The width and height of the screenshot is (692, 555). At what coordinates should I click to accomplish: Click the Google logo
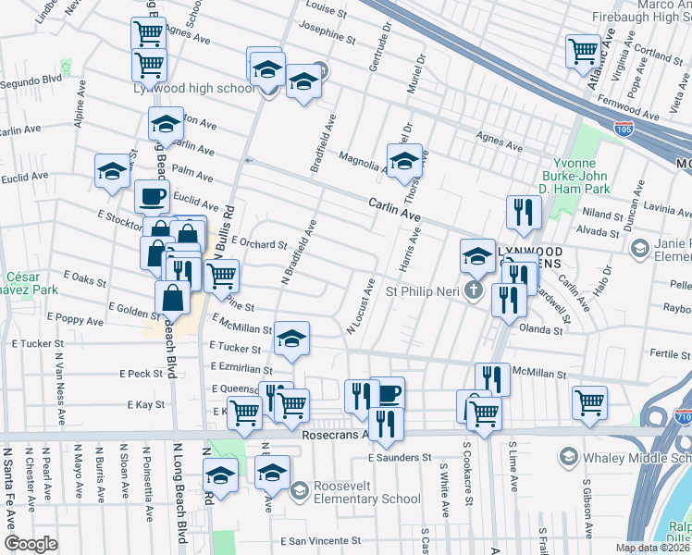coord(31,544)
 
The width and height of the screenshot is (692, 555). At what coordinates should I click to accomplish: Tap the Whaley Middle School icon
coord(567,457)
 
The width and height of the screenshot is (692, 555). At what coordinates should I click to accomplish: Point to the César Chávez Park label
coord(31,283)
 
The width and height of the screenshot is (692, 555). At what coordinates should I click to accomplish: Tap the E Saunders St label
coord(400,457)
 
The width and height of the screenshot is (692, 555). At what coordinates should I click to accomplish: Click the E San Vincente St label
coord(319,540)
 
